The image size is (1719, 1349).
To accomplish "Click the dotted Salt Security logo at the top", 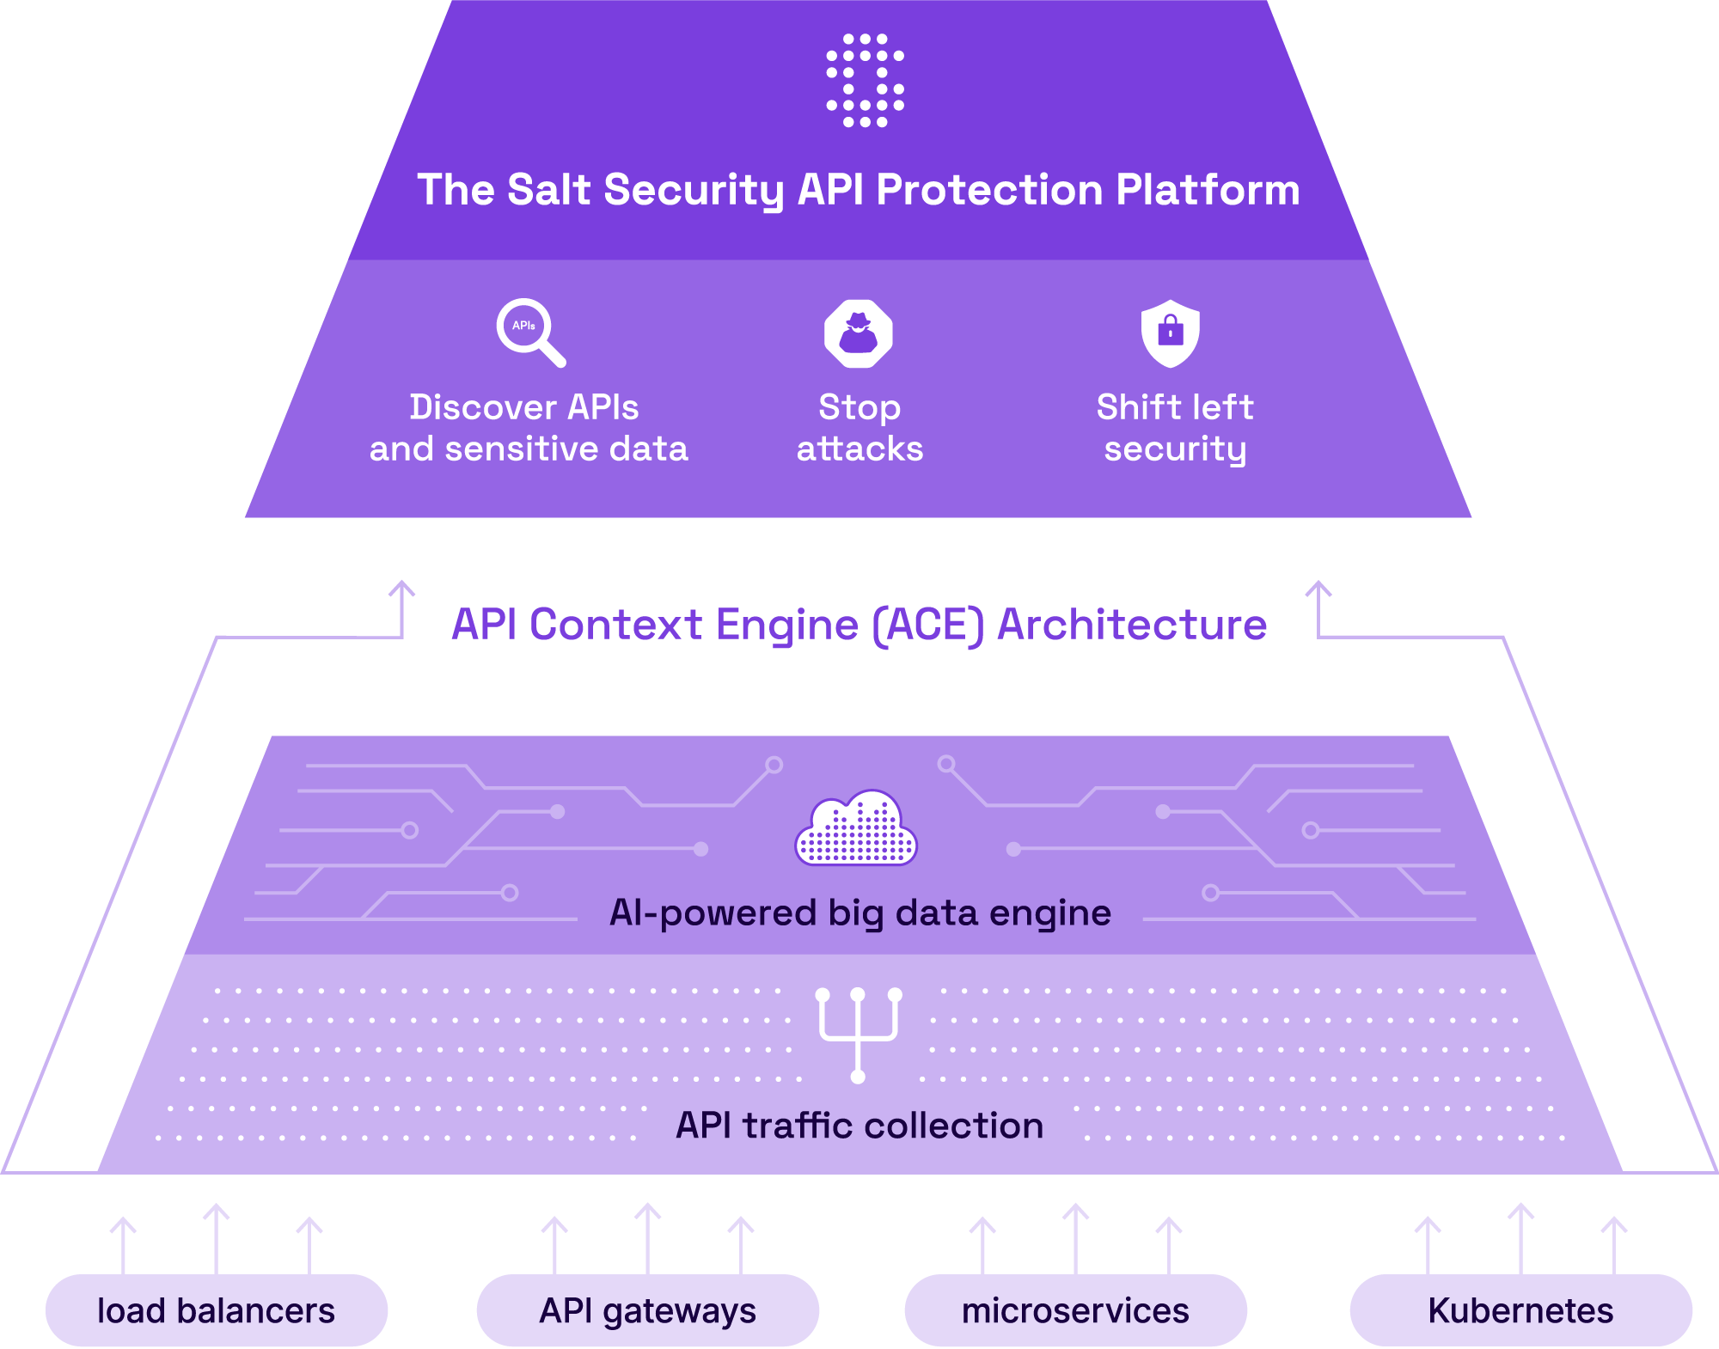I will [x=865, y=81].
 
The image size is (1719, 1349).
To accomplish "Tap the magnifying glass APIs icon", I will [x=529, y=332].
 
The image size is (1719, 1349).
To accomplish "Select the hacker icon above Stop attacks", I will [x=858, y=333].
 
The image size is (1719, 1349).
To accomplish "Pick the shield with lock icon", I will [x=1170, y=333].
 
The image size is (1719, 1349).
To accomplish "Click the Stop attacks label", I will [x=859, y=428].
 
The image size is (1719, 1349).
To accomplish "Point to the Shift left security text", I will [x=1175, y=428].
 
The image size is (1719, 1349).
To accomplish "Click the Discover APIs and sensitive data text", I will [x=528, y=428].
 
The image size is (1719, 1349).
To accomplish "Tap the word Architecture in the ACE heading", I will [x=1131, y=625].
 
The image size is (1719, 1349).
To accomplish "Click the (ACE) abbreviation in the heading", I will [x=927, y=625].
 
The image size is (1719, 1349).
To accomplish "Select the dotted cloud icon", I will [x=856, y=828].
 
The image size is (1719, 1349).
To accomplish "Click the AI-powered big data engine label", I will [x=859, y=913].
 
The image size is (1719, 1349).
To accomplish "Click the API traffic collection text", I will [x=859, y=1126].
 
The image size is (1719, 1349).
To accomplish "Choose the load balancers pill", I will [x=217, y=1310].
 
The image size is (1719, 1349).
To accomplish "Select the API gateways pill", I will [x=648, y=1310].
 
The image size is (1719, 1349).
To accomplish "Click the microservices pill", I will [x=1075, y=1310].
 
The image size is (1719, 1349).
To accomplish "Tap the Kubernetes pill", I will [x=1520, y=1310].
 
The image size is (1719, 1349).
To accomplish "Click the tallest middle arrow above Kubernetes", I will [x=1520, y=1237].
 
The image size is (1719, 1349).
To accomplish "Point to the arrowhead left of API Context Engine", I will [x=401, y=589].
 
